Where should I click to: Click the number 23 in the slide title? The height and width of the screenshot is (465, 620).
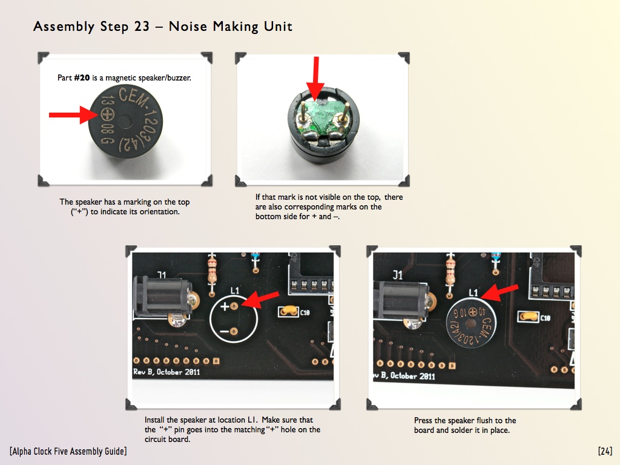coord(142,27)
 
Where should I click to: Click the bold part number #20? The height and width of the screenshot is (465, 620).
coord(82,78)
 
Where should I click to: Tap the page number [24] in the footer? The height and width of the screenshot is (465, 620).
coord(605,451)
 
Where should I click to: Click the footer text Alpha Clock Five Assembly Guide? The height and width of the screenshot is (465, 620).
coord(68,451)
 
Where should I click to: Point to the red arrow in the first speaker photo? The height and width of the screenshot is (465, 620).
coord(73,115)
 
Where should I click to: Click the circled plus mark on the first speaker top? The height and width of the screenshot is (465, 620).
coord(107,114)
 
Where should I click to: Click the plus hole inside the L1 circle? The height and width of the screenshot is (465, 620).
coord(234,306)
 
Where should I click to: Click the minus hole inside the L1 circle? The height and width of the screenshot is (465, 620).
coord(234,331)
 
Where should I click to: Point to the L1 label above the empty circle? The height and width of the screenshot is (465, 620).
coord(235,291)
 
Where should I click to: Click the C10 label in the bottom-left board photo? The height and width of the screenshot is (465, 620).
coord(305,313)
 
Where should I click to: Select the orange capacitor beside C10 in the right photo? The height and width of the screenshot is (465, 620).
coord(529,316)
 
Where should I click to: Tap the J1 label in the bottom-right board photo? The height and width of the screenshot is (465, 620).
coord(397,275)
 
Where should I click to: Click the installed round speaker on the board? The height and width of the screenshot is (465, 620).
coord(470,323)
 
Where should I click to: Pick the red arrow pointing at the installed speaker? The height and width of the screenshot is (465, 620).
coord(499,292)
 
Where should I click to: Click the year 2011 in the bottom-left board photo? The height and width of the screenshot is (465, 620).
coord(192,372)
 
